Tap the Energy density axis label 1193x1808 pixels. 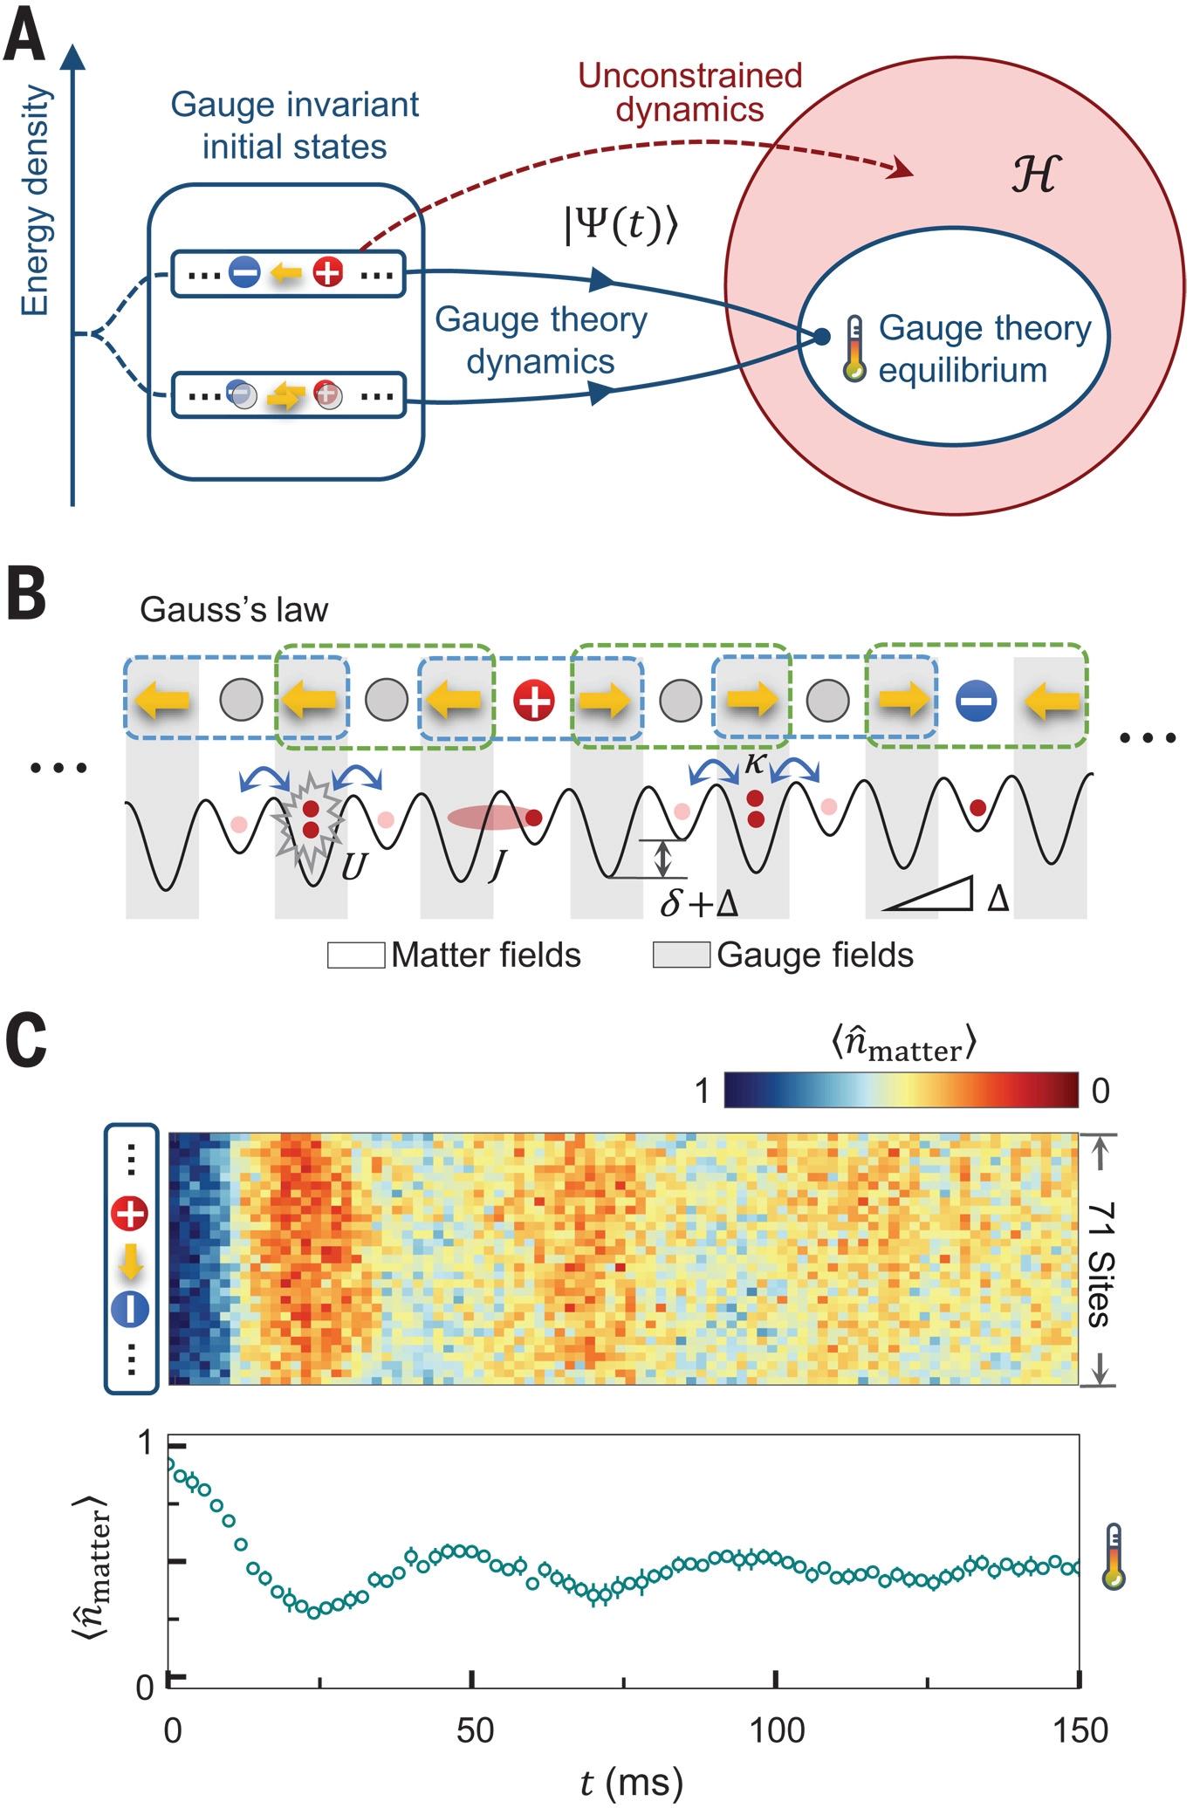click(x=36, y=201)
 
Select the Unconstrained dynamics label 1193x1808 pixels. click(x=690, y=92)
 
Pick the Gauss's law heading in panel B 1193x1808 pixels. click(x=234, y=609)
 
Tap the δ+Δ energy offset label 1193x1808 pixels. click(x=699, y=903)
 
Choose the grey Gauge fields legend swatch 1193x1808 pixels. click(x=681, y=955)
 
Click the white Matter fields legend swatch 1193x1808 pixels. click(x=355, y=955)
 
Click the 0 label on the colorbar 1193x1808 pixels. click(x=1100, y=1090)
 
